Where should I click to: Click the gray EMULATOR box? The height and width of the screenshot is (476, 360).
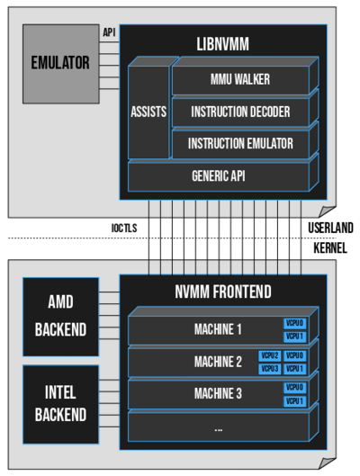tap(60, 63)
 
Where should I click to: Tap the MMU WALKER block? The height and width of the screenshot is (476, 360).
tap(240, 79)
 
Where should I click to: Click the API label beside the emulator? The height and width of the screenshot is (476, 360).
tap(109, 32)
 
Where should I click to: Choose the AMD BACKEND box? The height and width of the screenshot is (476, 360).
tap(60, 317)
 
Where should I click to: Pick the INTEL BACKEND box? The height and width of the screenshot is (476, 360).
tap(60, 403)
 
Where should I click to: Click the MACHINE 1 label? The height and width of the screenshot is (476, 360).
tap(218, 329)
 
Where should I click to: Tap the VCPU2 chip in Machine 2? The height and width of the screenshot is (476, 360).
tap(270, 356)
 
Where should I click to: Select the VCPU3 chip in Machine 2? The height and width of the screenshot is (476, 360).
tap(270, 369)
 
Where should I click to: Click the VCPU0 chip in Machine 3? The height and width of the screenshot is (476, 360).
tap(295, 388)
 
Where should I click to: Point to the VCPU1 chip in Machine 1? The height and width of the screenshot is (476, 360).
tap(295, 337)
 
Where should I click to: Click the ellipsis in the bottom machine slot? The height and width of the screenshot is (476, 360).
tap(218, 428)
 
